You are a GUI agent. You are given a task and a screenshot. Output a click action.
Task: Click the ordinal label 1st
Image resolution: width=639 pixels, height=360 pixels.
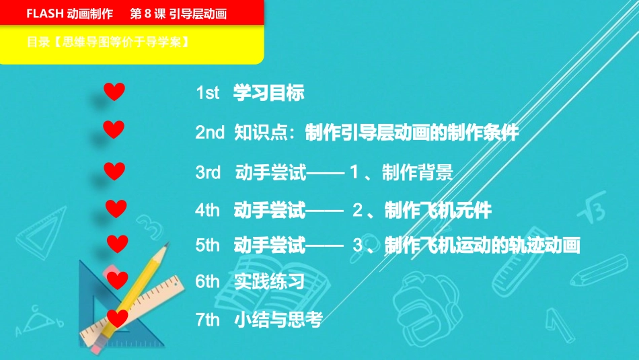click(208, 93)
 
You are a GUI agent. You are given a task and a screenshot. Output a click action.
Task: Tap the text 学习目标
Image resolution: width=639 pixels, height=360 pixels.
click(268, 93)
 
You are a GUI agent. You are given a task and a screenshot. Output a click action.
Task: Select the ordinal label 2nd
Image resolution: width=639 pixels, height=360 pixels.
click(210, 133)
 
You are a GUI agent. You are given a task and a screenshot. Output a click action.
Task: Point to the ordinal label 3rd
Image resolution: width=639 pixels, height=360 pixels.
click(209, 173)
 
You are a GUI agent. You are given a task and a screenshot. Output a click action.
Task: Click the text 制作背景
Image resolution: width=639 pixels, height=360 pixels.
click(417, 173)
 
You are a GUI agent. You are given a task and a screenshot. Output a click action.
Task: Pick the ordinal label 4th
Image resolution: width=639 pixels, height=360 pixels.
click(208, 211)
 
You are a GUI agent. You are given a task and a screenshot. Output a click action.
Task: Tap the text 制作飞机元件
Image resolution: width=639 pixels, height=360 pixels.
click(438, 211)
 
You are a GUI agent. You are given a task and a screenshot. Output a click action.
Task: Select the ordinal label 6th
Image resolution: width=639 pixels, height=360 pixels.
click(208, 282)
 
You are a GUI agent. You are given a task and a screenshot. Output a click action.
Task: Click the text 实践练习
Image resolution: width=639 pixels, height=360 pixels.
click(269, 282)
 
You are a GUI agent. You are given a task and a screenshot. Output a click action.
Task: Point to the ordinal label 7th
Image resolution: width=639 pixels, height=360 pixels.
click(208, 320)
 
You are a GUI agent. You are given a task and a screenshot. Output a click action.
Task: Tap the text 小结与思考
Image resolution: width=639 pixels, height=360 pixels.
click(278, 320)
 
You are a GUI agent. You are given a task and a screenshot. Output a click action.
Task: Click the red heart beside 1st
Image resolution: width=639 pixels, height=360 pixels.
click(114, 92)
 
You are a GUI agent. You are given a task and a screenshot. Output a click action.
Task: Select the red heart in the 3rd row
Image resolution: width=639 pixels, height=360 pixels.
click(114, 171)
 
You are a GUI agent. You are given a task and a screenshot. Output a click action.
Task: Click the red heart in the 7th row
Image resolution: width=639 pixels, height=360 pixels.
click(117, 318)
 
